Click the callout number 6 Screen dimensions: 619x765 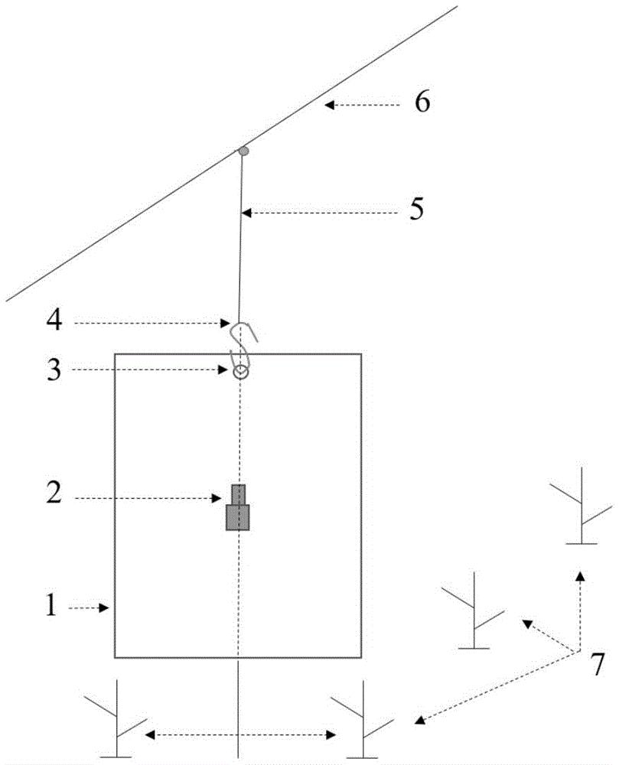(x=422, y=102)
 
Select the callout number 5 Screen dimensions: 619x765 (x=416, y=209)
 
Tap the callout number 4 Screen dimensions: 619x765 (x=54, y=320)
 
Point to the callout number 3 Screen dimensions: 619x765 (x=54, y=369)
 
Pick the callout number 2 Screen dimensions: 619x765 (x=54, y=492)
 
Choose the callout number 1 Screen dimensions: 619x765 (x=51, y=605)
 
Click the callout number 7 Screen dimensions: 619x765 (x=597, y=663)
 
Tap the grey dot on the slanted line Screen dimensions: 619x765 (x=243, y=151)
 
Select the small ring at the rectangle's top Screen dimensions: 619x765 (x=240, y=373)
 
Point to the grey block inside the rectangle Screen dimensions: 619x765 (x=237, y=507)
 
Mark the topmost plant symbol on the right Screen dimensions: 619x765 (x=581, y=506)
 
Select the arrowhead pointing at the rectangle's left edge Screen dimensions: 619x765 (x=103, y=608)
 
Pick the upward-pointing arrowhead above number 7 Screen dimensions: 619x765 (x=579, y=576)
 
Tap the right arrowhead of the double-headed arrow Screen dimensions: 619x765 (x=331, y=734)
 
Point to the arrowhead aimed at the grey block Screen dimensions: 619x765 (x=216, y=499)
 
